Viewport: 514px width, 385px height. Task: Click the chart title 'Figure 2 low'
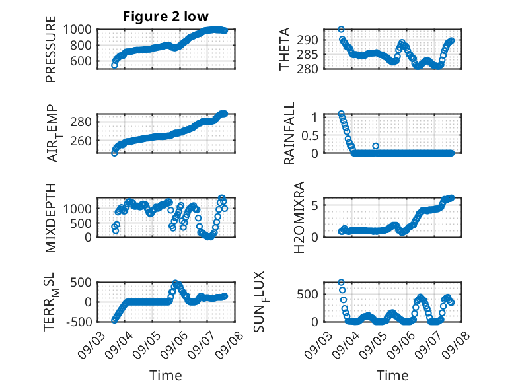[166, 17]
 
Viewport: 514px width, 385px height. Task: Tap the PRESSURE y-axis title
[51, 49]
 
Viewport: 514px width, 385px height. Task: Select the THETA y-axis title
[285, 49]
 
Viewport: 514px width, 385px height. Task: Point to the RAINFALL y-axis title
[289, 133]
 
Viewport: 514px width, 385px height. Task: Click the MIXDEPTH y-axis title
[51, 218]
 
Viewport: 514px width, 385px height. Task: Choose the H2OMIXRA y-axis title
[299, 217]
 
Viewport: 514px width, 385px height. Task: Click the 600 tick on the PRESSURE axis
[81, 61]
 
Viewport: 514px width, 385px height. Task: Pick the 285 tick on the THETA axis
[307, 54]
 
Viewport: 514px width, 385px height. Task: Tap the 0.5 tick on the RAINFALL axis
[310, 135]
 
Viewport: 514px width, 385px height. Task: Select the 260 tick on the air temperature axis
[81, 141]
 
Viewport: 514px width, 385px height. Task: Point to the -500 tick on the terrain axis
[79, 322]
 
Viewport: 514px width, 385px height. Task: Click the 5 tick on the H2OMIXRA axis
[315, 205]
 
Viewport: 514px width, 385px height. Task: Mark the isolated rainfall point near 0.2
[376, 146]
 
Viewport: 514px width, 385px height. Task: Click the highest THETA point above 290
[342, 30]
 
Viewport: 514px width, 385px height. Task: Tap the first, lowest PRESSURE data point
[114, 65]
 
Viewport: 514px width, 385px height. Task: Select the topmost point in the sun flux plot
[342, 283]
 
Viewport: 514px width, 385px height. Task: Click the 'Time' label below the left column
[166, 375]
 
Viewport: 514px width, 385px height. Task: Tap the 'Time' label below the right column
[392, 375]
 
